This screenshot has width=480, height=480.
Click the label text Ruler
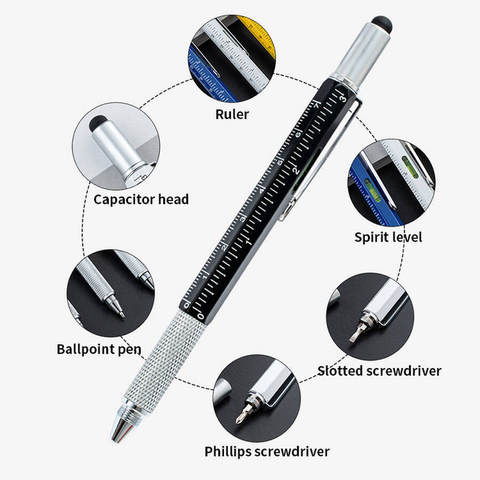click(232, 115)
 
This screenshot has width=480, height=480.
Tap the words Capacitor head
click(141, 199)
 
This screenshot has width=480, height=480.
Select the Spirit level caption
click(388, 237)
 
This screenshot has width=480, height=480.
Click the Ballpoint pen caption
click(99, 349)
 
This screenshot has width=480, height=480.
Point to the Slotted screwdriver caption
click(379, 371)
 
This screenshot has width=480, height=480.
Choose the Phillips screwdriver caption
click(267, 452)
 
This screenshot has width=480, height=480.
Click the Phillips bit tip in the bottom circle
click(239, 419)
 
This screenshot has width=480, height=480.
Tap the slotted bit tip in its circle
click(353, 337)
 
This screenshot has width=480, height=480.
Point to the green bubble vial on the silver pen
click(410, 166)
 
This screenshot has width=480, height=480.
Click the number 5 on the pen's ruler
click(279, 162)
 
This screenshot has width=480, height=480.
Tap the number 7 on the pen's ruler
click(316, 105)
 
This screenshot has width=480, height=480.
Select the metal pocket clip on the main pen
click(322, 159)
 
